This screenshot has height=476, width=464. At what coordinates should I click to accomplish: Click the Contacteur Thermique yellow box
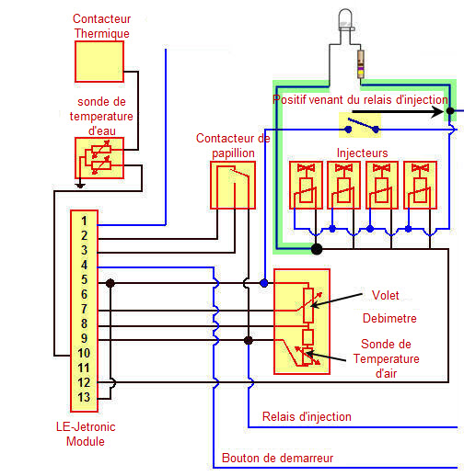(x=99, y=62)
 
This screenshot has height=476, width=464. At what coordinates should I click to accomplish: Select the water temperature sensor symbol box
(x=99, y=158)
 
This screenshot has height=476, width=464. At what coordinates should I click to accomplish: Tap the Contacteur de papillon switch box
(x=233, y=185)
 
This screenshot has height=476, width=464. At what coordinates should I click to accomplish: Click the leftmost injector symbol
(x=306, y=185)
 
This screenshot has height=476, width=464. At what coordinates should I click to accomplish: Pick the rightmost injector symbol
(x=420, y=185)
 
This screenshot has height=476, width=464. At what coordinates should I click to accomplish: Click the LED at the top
(x=345, y=19)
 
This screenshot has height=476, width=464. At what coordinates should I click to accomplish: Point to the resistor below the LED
(x=361, y=64)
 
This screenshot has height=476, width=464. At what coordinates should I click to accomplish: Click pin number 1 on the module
(x=84, y=221)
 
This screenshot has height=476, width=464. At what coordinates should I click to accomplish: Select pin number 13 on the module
(x=84, y=397)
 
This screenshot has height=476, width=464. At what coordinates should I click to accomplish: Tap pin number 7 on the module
(x=84, y=309)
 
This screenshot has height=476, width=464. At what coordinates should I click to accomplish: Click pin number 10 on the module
(x=84, y=353)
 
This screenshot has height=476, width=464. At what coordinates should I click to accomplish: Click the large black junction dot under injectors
(x=317, y=249)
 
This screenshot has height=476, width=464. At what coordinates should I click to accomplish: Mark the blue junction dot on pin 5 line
(x=264, y=283)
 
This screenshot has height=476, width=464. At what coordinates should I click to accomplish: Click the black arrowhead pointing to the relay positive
(x=437, y=111)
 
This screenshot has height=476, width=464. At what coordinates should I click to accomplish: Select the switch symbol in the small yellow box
(x=362, y=125)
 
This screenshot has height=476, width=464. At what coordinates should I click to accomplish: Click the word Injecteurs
(x=362, y=153)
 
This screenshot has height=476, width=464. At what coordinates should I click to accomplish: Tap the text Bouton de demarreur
(x=277, y=458)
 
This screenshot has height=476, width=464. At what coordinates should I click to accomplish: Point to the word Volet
(x=386, y=295)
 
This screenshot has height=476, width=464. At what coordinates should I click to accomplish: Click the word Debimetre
(x=389, y=318)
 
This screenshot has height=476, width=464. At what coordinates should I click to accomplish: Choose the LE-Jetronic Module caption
(x=86, y=434)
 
